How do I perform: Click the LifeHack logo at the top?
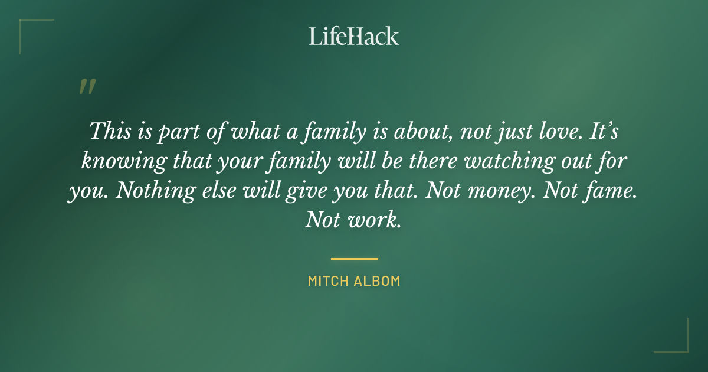tap(354, 36)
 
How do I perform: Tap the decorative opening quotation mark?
tap(87, 87)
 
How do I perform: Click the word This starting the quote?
tap(109, 130)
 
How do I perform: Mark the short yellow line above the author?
tap(354, 259)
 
